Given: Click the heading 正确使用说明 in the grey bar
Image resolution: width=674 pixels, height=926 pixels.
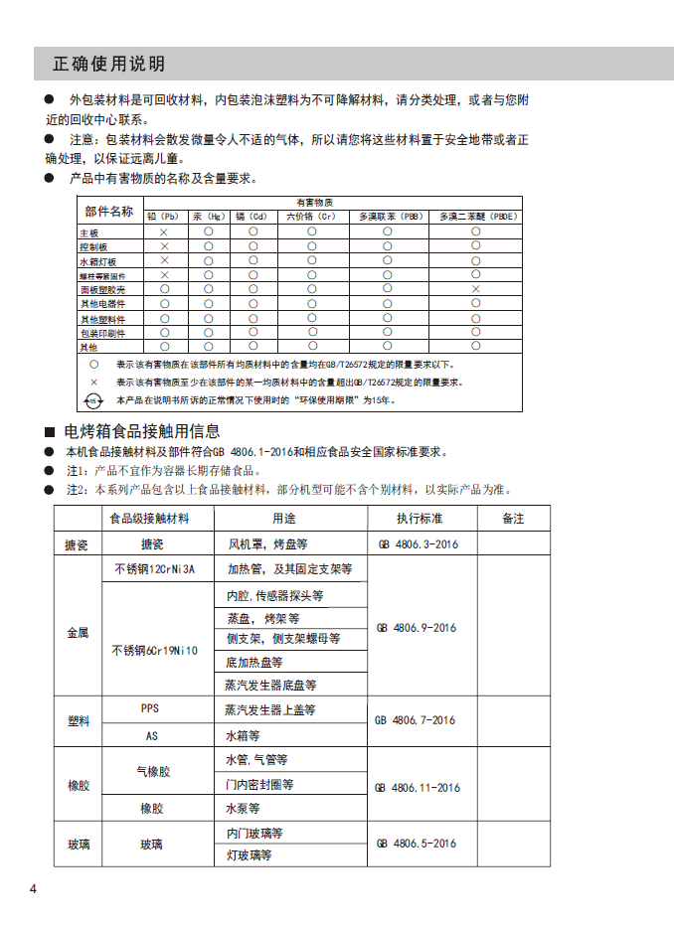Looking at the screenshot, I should coord(108,65).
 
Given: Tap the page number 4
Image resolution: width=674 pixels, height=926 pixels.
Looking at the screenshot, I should coord(33,887).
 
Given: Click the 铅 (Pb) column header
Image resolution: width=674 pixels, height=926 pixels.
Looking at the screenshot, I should coord(164,216).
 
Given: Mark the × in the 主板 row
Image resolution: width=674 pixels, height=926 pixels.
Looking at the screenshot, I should coord(165,231).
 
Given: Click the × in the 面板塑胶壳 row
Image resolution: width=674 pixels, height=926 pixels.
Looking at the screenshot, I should coord(475,288).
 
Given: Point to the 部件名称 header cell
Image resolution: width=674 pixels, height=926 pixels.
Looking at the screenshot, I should coord(108,211).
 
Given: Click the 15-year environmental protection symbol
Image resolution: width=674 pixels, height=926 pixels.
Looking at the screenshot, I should coord(92,400).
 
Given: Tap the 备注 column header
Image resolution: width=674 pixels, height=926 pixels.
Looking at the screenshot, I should coord(513,519).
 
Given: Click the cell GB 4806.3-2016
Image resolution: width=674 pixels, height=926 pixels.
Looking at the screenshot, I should coord(418,544).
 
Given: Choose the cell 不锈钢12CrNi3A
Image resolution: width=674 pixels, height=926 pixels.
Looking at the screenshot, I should coord(155,569).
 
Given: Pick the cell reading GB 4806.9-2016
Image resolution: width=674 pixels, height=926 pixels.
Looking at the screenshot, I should coord(418,628).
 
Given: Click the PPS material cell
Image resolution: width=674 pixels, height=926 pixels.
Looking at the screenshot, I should coord(150,709).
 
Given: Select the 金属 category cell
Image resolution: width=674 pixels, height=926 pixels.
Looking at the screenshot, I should coord(78,632).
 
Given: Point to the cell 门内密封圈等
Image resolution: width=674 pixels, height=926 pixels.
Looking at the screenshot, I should coord(259,785).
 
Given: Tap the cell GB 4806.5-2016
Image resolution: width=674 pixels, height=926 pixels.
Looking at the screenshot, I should coord(418,844).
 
